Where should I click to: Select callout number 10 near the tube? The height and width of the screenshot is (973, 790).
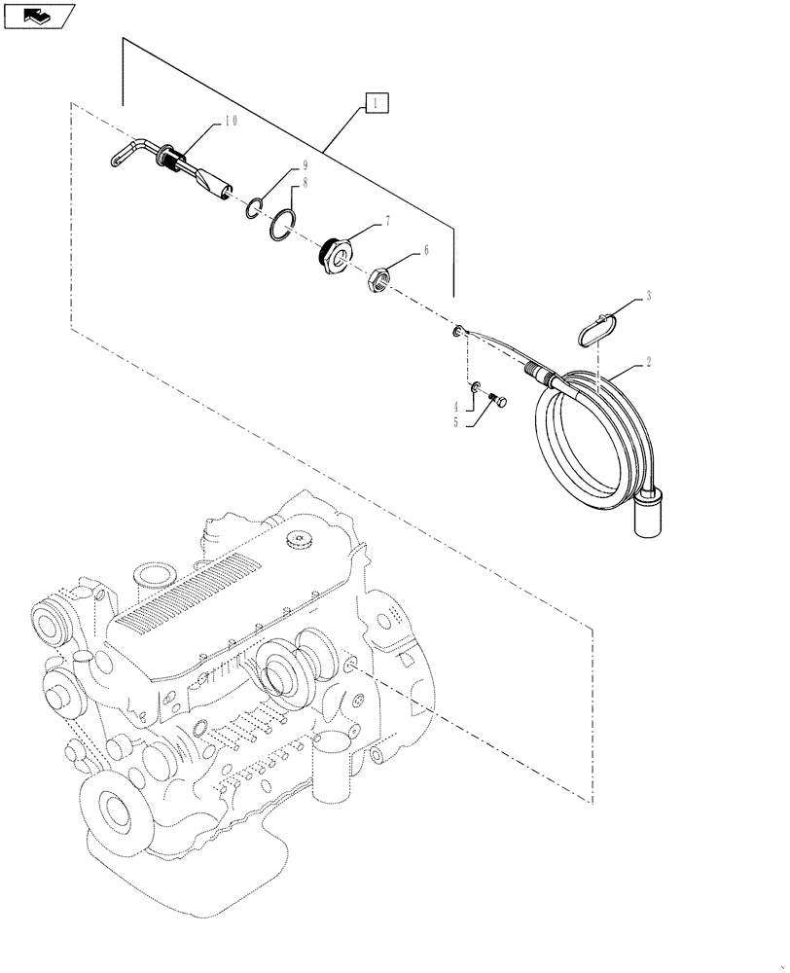(x=230, y=122)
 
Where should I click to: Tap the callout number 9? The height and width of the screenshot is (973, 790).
(x=305, y=165)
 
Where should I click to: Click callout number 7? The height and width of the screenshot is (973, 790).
(x=388, y=222)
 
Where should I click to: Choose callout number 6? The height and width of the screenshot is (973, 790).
(x=424, y=250)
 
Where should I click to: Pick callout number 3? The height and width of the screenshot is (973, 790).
(x=647, y=294)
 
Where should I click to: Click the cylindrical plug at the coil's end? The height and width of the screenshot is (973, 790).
(x=649, y=516)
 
